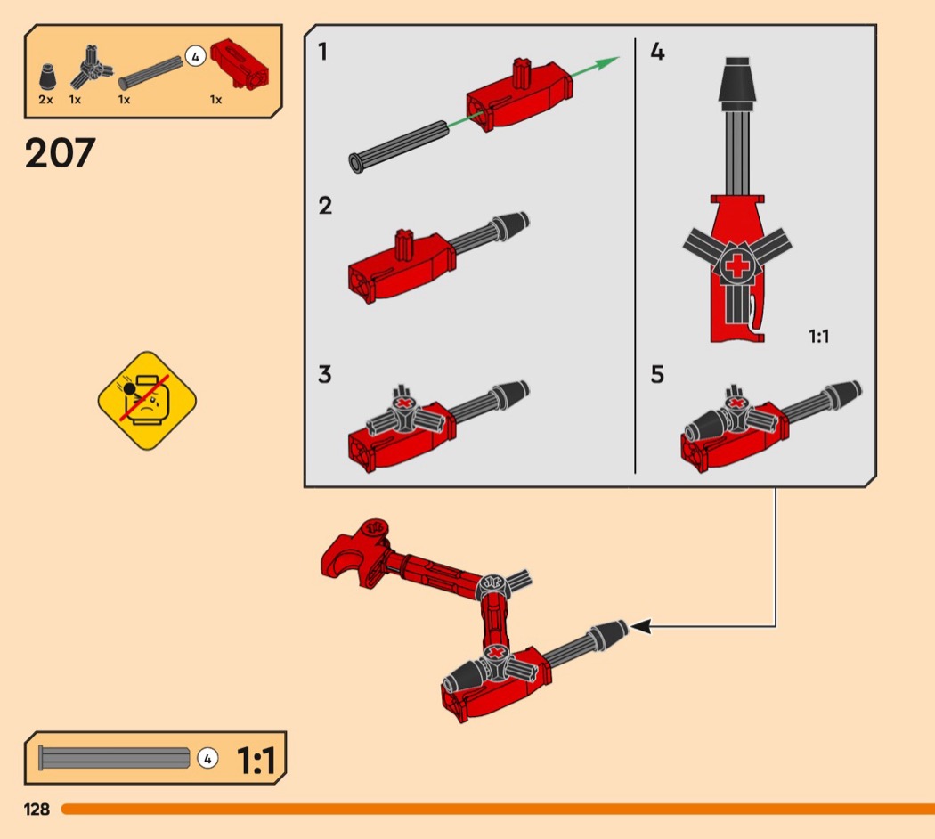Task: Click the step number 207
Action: point(61,153)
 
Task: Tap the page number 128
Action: point(37,810)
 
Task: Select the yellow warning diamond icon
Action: point(147,400)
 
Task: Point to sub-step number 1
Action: point(322,52)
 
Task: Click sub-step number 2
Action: point(325,206)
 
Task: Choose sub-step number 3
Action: point(324,374)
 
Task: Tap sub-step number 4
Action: point(657,52)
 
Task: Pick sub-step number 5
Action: point(657,374)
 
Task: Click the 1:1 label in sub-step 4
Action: point(818,337)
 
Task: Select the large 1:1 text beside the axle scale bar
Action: point(256,761)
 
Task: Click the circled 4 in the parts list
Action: point(195,57)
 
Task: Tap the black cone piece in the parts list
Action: point(49,77)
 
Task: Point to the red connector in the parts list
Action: point(240,64)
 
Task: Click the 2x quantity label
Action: point(46,100)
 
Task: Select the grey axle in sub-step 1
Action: point(398,147)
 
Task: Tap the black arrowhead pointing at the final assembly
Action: point(640,627)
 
